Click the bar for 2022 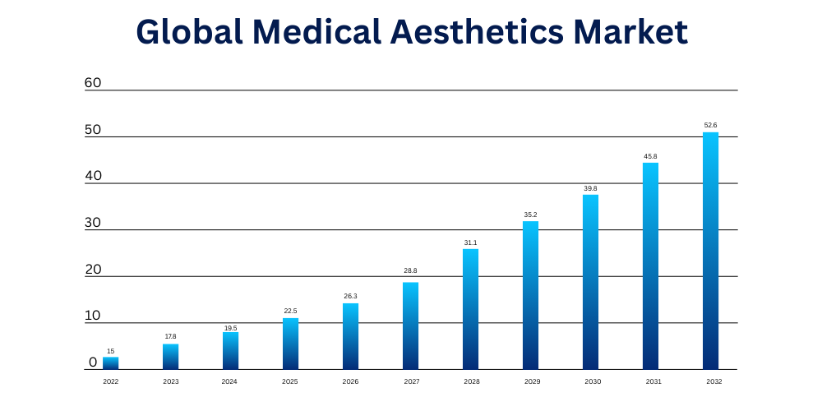pyautogui.click(x=111, y=363)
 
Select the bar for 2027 pyautogui.click(x=410, y=326)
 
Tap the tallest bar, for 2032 pyautogui.click(x=710, y=251)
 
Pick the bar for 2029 pyautogui.click(x=530, y=295)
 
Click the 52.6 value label pyautogui.click(x=710, y=125)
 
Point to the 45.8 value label pyautogui.click(x=650, y=156)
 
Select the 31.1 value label pyautogui.click(x=471, y=242)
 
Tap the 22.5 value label pyautogui.click(x=290, y=311)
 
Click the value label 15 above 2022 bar pyautogui.click(x=111, y=351)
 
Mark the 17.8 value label pyautogui.click(x=170, y=337)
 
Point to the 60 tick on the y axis pyautogui.click(x=93, y=83)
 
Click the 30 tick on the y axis pyautogui.click(x=93, y=223)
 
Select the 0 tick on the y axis pyautogui.click(x=93, y=363)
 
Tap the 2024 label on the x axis pyautogui.click(x=229, y=381)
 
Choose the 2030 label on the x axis pyautogui.click(x=593, y=381)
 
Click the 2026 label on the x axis pyautogui.click(x=350, y=381)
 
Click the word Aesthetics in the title pyautogui.click(x=477, y=32)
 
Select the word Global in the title pyautogui.click(x=189, y=32)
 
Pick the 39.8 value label pyautogui.click(x=590, y=188)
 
